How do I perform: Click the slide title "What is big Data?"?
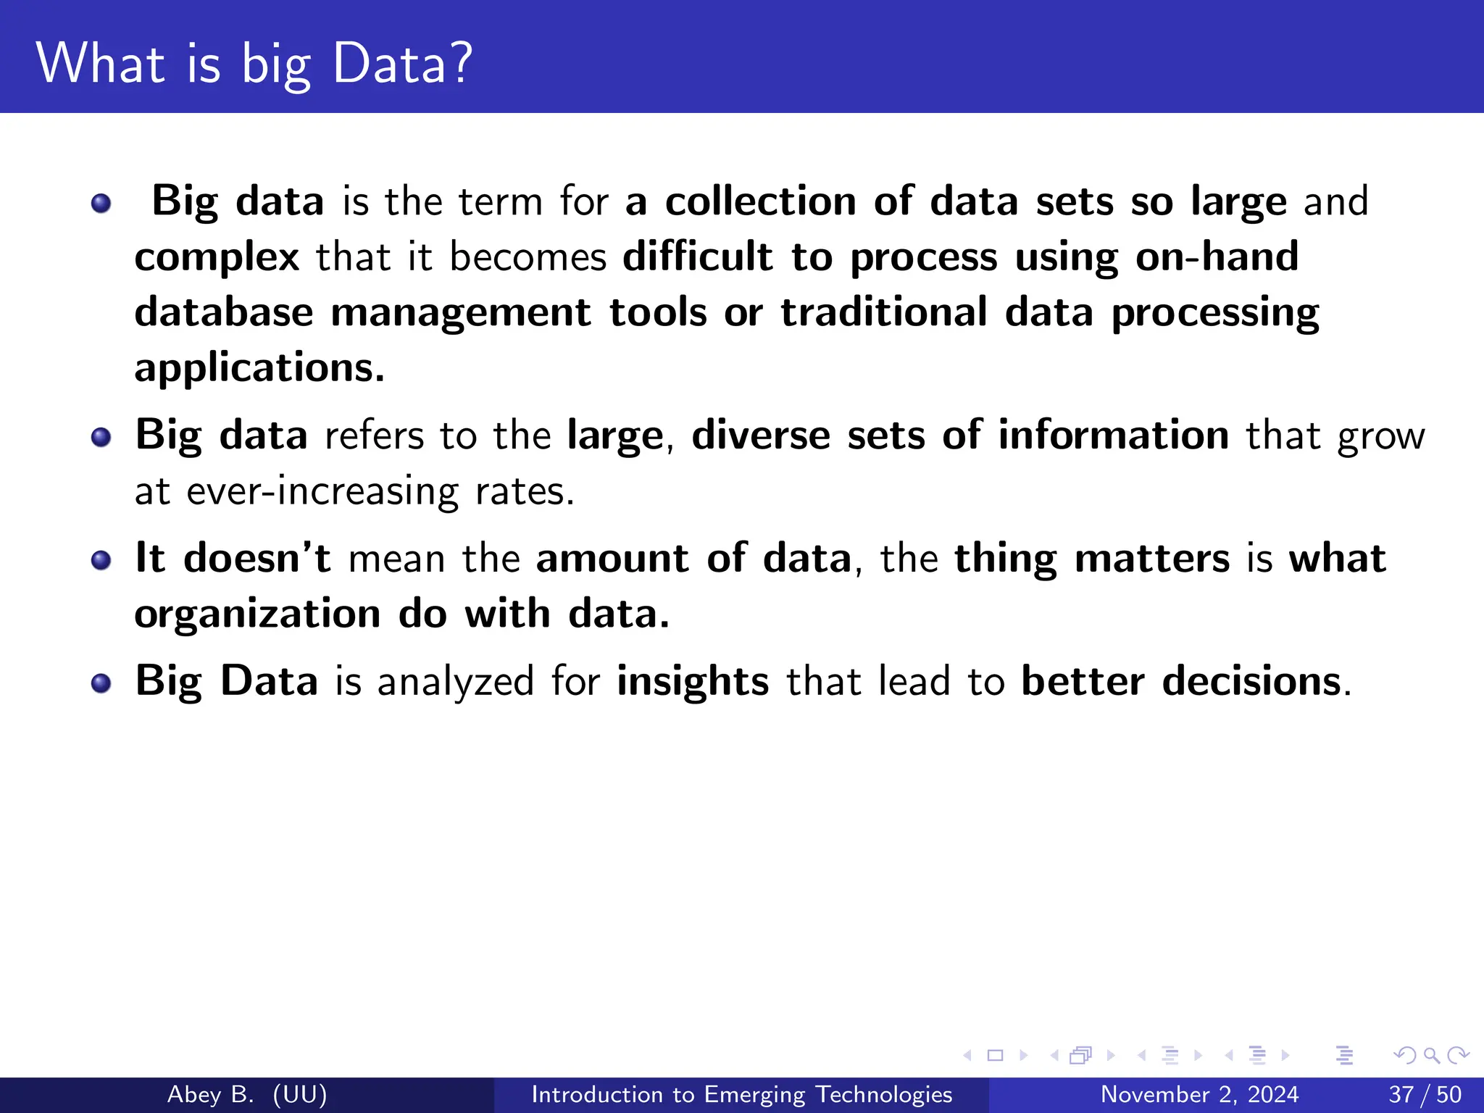click(254, 64)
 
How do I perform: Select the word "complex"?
click(217, 257)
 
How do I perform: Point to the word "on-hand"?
click(1217, 257)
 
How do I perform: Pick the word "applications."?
click(259, 368)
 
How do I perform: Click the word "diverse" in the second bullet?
click(760, 435)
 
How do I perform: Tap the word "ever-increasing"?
click(322, 492)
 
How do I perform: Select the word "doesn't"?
click(257, 558)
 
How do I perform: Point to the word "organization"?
click(257, 614)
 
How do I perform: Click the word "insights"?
click(693, 681)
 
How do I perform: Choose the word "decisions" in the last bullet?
click(1251, 681)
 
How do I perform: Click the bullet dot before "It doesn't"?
click(101, 560)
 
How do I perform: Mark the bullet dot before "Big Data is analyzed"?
click(101, 683)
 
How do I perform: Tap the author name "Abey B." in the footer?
click(210, 1094)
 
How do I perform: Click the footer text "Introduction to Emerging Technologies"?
click(741, 1094)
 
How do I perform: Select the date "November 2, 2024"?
click(1199, 1094)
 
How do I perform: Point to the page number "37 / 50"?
click(1425, 1094)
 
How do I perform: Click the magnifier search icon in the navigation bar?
click(1431, 1055)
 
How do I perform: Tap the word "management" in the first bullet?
click(461, 312)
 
